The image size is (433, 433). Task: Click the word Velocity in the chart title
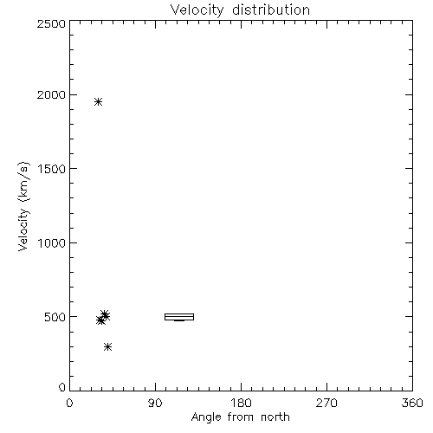point(197,10)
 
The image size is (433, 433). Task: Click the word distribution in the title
point(271,10)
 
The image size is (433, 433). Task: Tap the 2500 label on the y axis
point(51,23)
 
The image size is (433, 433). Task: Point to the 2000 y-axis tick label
point(51,94)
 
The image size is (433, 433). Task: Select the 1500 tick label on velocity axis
point(52,169)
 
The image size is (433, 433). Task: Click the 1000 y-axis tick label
point(52,243)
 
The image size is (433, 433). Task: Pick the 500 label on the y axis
point(55,317)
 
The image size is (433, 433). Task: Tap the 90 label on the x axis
point(155,403)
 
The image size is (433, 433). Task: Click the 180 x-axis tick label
point(241,403)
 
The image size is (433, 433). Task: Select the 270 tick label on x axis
point(326,403)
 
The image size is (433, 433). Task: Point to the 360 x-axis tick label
point(412,403)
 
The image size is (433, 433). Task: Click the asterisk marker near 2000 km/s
point(99,102)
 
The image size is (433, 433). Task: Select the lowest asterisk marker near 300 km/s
point(107,346)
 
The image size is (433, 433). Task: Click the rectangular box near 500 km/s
point(179,313)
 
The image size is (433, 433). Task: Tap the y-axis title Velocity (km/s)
point(23,206)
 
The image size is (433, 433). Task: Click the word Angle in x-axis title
point(206,417)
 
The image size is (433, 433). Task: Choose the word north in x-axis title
point(275,417)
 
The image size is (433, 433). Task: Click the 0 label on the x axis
point(69,403)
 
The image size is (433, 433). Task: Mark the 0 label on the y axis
point(62,387)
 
